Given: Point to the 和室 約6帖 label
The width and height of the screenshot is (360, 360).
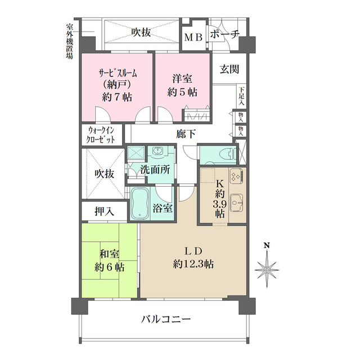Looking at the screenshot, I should [110, 260].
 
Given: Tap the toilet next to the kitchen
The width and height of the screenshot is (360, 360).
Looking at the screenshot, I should [224, 154].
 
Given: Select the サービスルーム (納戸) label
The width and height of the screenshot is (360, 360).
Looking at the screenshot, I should [117, 84].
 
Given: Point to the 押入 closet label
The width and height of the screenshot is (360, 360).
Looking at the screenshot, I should [104, 211].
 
